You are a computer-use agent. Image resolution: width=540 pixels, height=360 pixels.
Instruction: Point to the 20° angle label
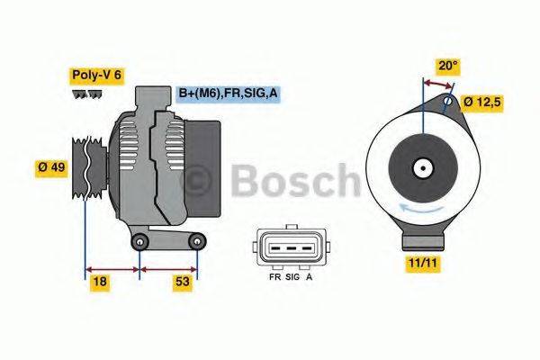coord(447,65)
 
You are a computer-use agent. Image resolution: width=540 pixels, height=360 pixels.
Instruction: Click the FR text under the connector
coord(274,278)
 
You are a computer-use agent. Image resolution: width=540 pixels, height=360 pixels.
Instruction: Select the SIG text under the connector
coord(292,278)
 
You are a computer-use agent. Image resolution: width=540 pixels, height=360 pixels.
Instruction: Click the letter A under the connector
coord(310,278)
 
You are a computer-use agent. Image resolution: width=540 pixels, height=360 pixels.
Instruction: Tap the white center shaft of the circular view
coord(420,167)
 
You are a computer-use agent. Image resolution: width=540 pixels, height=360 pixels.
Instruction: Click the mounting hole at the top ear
coord(449,101)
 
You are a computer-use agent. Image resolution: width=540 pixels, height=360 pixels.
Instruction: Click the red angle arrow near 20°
coord(439,85)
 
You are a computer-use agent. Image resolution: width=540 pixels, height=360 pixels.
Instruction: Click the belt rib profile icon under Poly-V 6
coord(86,94)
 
